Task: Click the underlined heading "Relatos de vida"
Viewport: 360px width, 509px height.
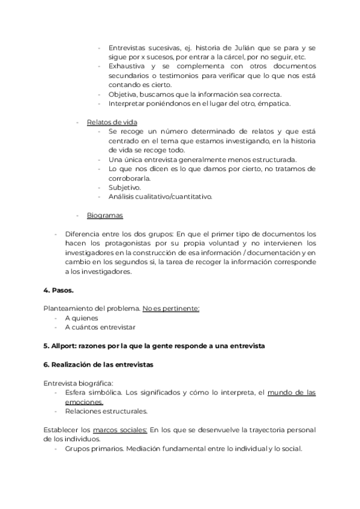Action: pyautogui.click(x=112, y=122)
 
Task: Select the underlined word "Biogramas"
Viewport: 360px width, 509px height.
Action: pyautogui.click(x=104, y=215)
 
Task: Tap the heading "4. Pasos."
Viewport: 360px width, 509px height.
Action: pyautogui.click(x=58, y=290)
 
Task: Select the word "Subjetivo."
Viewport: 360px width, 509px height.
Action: pyautogui.click(x=125, y=187)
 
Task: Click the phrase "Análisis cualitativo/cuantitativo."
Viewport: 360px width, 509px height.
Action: pyautogui.click(x=160, y=196)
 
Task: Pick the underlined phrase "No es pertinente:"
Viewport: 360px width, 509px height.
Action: pyautogui.click(x=170, y=309)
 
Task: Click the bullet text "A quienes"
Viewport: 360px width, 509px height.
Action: pyautogui.click(x=82, y=318)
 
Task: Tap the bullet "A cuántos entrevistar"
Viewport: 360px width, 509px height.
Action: pyautogui.click(x=100, y=327)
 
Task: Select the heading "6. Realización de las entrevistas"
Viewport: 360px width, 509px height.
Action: pyautogui.click(x=98, y=365)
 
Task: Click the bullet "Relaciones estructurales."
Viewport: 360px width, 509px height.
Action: pyautogui.click(x=107, y=411)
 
